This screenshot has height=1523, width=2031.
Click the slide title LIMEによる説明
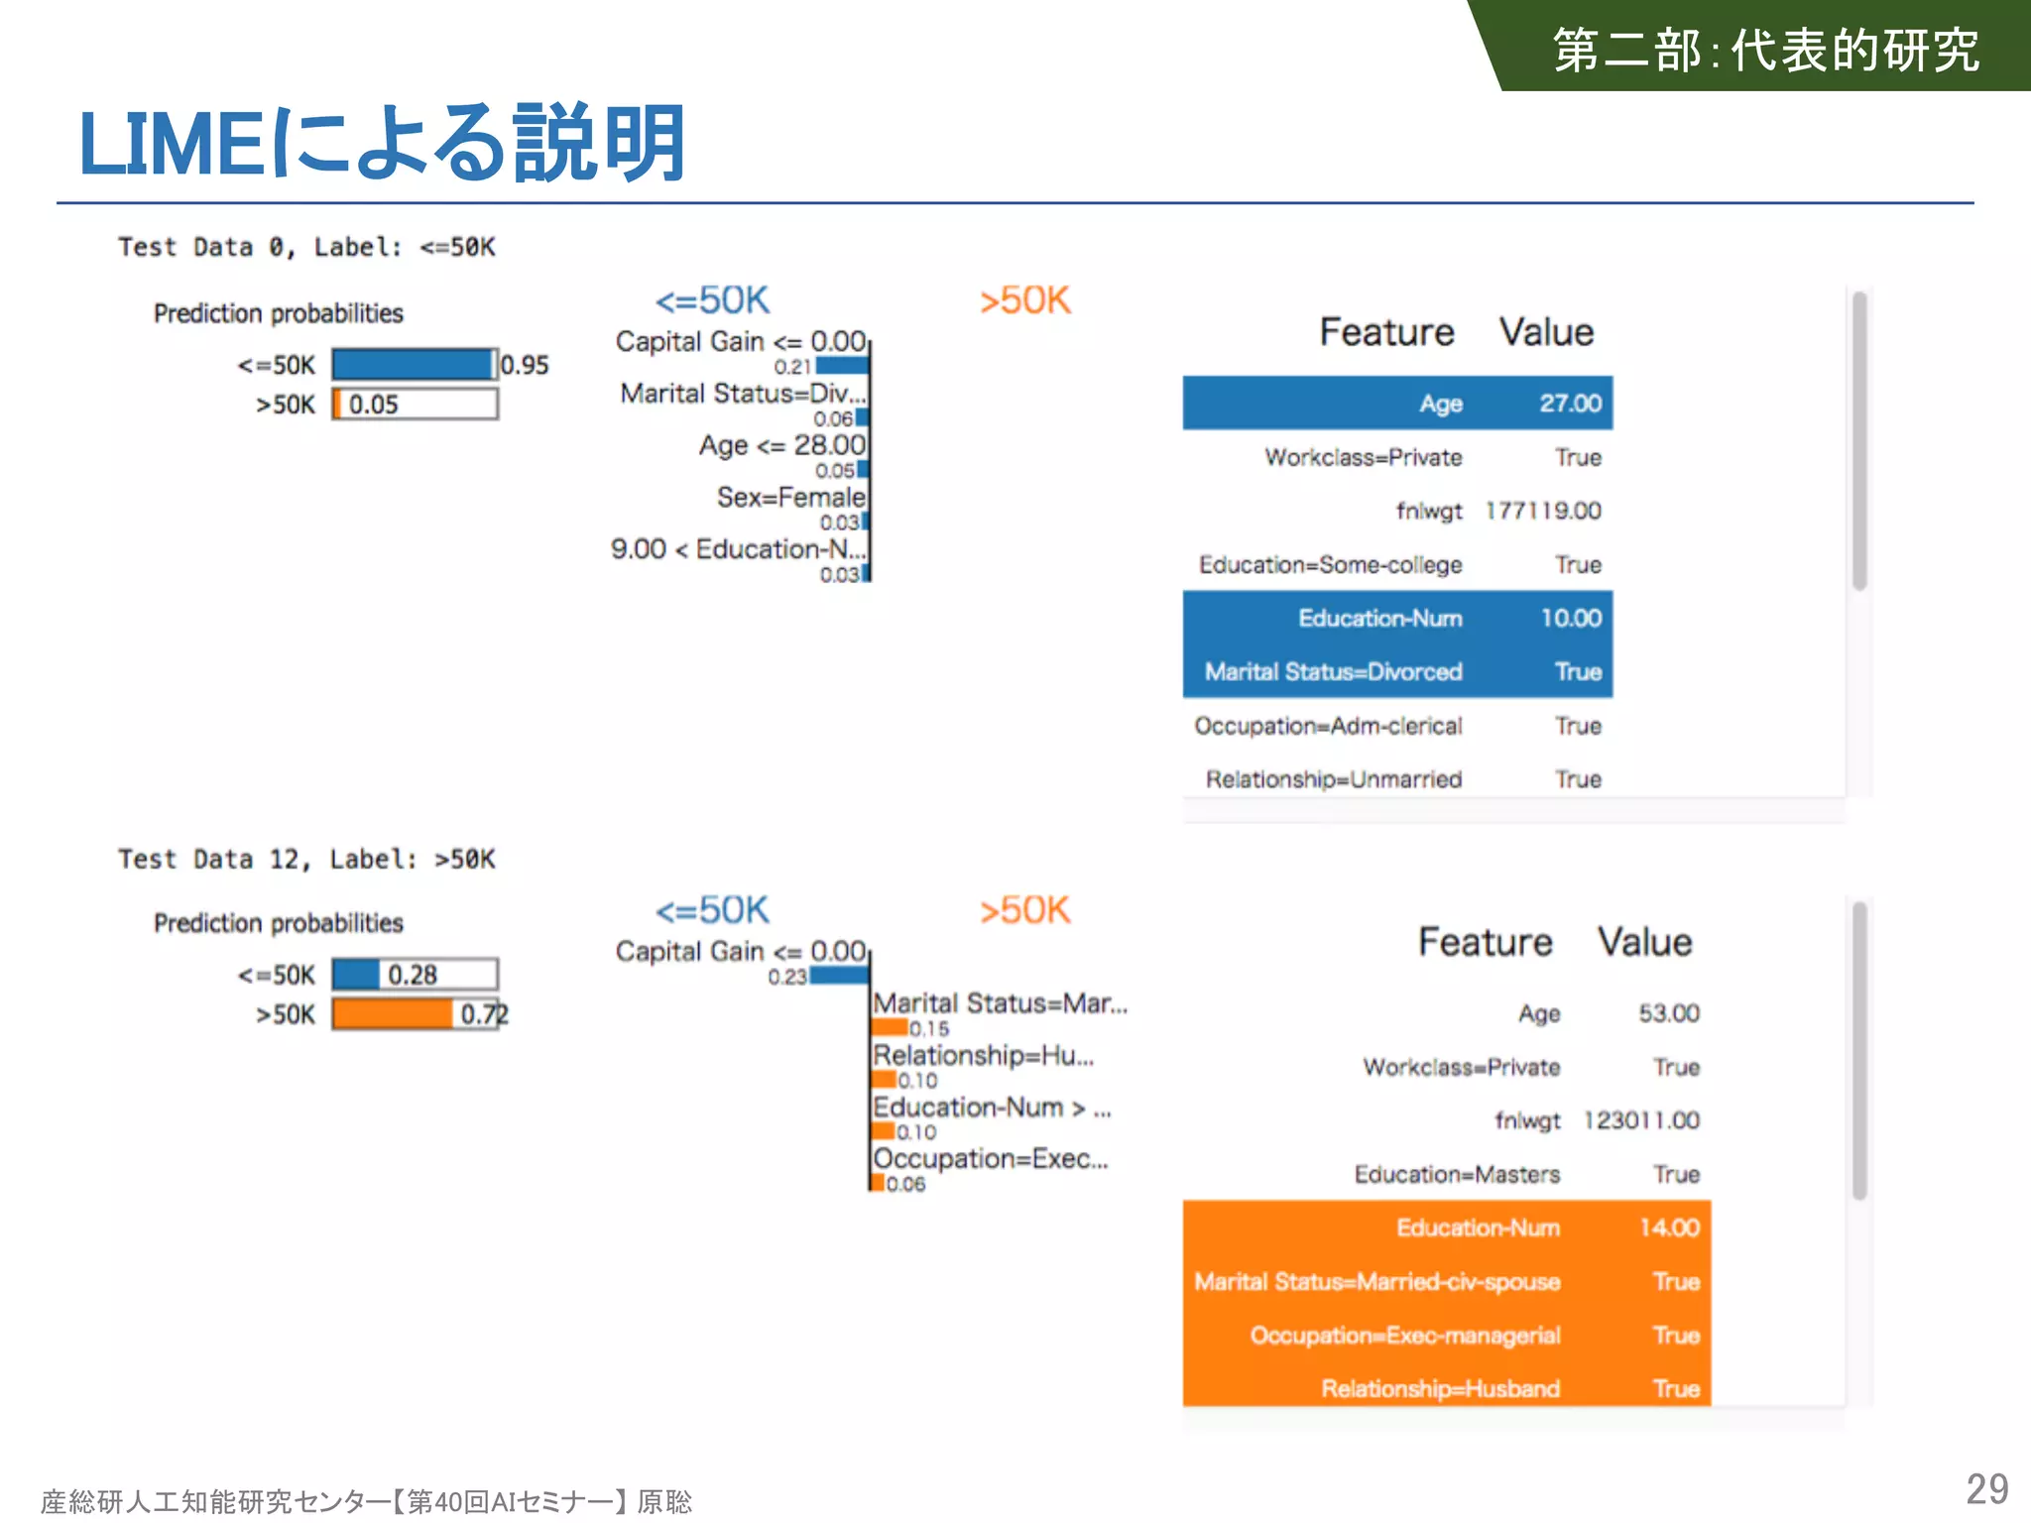tap(382, 144)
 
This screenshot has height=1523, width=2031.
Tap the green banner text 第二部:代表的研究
tap(1765, 50)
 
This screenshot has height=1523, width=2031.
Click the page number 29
tap(1986, 1488)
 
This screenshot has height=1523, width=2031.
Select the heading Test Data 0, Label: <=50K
tap(306, 247)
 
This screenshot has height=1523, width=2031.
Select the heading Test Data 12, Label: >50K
tap(306, 859)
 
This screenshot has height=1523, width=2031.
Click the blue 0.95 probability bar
tap(412, 364)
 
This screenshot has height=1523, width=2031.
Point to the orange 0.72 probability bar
tap(393, 1013)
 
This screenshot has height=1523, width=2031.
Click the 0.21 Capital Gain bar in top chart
tap(842, 366)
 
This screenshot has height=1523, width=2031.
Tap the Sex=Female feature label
tap(790, 497)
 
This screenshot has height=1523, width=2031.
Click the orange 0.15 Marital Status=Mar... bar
tap(890, 1027)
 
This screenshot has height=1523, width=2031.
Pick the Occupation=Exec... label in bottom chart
tap(990, 1158)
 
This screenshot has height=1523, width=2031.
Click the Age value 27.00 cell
tap(1570, 403)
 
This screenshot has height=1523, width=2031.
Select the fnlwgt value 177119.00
tap(1543, 511)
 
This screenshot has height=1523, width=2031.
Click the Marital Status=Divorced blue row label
tap(1333, 671)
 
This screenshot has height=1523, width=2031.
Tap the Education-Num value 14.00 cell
tap(1669, 1228)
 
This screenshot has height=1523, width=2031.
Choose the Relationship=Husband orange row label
tap(1440, 1388)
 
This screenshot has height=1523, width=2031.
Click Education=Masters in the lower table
tap(1457, 1174)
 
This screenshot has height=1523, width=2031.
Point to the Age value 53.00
tap(1669, 1013)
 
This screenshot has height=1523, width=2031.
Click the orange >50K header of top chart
tap(1024, 300)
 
